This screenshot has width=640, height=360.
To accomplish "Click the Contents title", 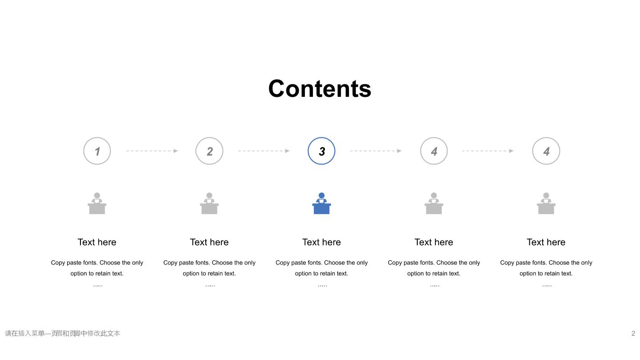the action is [320, 89].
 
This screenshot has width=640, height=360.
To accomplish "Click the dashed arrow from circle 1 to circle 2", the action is [152, 151].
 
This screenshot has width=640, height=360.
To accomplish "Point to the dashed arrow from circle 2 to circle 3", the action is [264, 151].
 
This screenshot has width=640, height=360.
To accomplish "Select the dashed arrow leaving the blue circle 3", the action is [376, 151].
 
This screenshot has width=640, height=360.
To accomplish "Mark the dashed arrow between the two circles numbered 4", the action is [488, 151].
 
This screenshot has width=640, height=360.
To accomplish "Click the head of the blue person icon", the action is [321, 196].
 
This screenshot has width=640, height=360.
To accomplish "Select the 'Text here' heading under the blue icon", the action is [321, 242].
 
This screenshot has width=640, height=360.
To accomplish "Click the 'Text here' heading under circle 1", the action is [97, 242].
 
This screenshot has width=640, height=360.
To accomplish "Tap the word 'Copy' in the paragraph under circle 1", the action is [58, 263].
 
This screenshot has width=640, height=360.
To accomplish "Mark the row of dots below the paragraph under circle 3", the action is [322, 285].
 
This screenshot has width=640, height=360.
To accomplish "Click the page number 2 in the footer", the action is [633, 333].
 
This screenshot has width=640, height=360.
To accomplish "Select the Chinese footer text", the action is [63, 333].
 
